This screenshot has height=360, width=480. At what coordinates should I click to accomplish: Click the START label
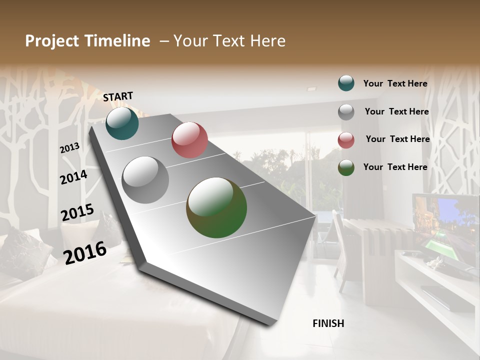coord(118,96)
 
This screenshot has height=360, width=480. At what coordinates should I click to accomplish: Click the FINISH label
coord(328,323)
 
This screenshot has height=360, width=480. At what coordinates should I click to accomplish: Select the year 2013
coord(70,147)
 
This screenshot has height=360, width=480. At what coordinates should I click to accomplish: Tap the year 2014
coord(74,177)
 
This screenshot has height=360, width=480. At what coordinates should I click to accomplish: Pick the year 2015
coord(77,212)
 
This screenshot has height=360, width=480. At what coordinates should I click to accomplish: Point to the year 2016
coord(85,252)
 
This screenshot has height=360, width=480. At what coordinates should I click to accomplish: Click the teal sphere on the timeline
coord(122,123)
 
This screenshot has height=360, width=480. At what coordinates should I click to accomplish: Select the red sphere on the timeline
coord(189,140)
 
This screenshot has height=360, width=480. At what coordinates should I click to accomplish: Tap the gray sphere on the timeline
coord(145,180)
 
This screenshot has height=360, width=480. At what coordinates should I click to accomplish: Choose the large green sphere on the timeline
coord(216,207)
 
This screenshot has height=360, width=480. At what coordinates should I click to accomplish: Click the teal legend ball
coord(346,83)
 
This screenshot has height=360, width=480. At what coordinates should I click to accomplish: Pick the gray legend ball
coord(346,112)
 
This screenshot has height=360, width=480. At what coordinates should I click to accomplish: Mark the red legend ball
coord(346,140)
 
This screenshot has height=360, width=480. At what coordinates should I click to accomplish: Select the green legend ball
coord(346,167)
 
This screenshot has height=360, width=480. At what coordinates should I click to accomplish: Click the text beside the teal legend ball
coord(395,83)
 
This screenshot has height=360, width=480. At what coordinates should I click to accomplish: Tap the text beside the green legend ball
coord(395,167)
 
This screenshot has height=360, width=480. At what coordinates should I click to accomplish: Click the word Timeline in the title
coord(117,41)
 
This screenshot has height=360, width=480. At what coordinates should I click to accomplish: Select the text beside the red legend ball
coord(397,139)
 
